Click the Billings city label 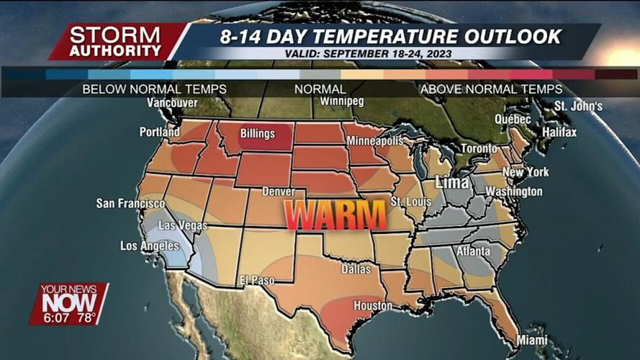257,134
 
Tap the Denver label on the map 279,192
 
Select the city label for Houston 372,306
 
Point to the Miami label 531,339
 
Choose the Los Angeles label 150,246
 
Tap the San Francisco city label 130,204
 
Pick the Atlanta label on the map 473,251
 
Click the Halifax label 559,132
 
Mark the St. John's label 578,107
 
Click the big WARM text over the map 335,215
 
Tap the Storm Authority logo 116,42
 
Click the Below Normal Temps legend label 154,89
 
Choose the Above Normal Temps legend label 491,89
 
